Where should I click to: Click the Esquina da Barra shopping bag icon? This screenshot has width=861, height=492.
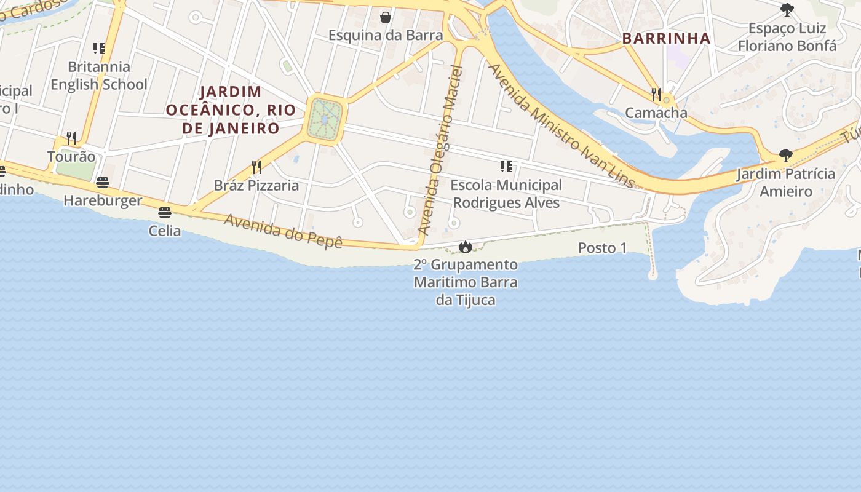(386, 17)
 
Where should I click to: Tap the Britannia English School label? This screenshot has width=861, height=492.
(99, 75)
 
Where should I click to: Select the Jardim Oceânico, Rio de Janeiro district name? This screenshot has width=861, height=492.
(231, 110)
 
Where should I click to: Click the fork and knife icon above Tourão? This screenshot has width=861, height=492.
(71, 138)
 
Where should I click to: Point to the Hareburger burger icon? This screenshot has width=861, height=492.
(103, 183)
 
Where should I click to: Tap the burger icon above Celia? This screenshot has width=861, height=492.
(164, 213)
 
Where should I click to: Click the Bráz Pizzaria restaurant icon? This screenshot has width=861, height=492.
(256, 167)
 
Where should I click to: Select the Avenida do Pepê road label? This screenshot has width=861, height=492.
(282, 231)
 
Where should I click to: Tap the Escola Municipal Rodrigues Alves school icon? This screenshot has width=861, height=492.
(506, 167)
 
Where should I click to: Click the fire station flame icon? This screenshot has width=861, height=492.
(466, 247)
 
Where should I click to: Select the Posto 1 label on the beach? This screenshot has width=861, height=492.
(602, 248)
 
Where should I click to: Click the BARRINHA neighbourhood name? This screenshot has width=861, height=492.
(667, 38)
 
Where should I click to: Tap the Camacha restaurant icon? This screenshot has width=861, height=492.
(656, 95)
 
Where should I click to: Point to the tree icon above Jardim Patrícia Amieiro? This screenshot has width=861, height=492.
(785, 155)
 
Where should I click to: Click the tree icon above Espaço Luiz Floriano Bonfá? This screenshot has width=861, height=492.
(787, 10)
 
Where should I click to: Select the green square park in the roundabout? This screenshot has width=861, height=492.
(325, 118)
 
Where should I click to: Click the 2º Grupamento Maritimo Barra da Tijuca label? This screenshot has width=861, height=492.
(466, 282)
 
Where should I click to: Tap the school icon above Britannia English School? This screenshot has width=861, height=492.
(99, 48)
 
